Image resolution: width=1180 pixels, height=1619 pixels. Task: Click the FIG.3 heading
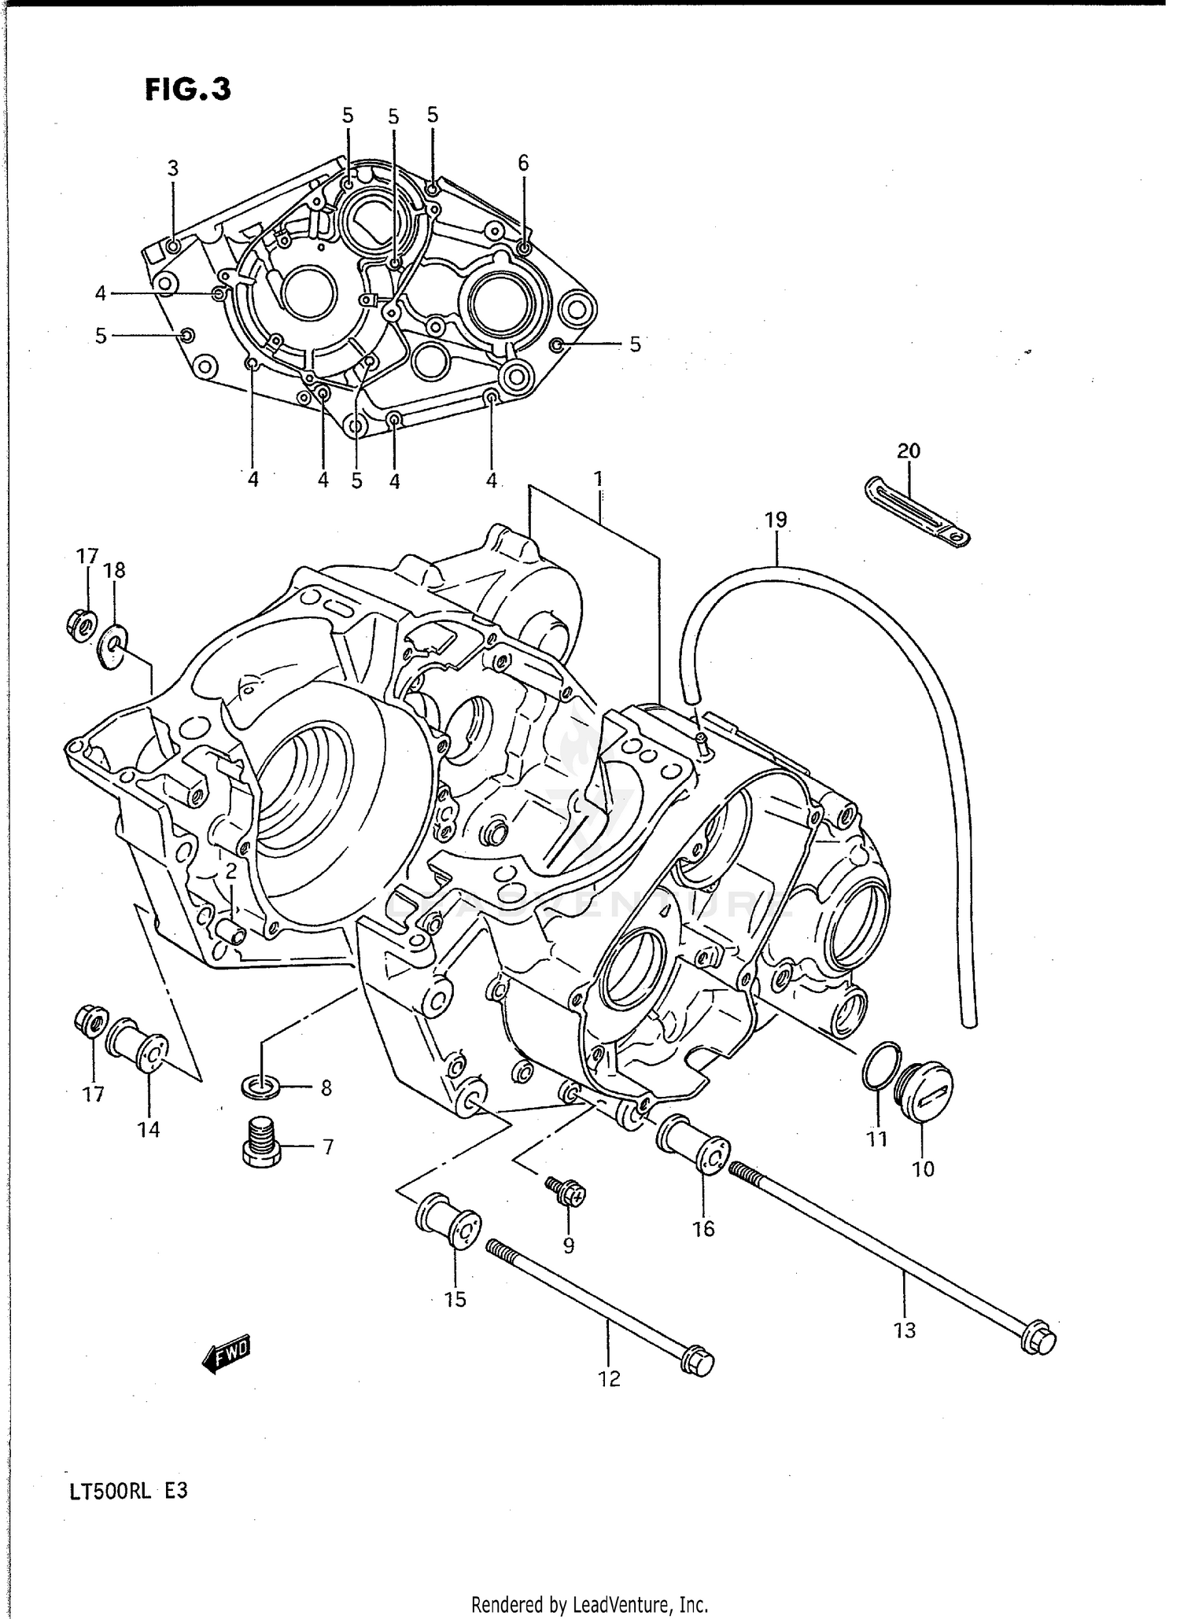[x=187, y=90]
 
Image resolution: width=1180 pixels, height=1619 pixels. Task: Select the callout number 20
[x=908, y=451]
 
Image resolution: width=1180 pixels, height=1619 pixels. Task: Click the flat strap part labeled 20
[x=917, y=511]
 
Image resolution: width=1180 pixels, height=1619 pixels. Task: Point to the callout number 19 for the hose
[x=775, y=520]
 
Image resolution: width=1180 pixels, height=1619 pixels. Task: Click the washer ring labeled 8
[x=260, y=1087]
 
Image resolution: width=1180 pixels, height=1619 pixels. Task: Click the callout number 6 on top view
[x=523, y=164]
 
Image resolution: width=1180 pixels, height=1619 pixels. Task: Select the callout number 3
[x=173, y=168]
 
